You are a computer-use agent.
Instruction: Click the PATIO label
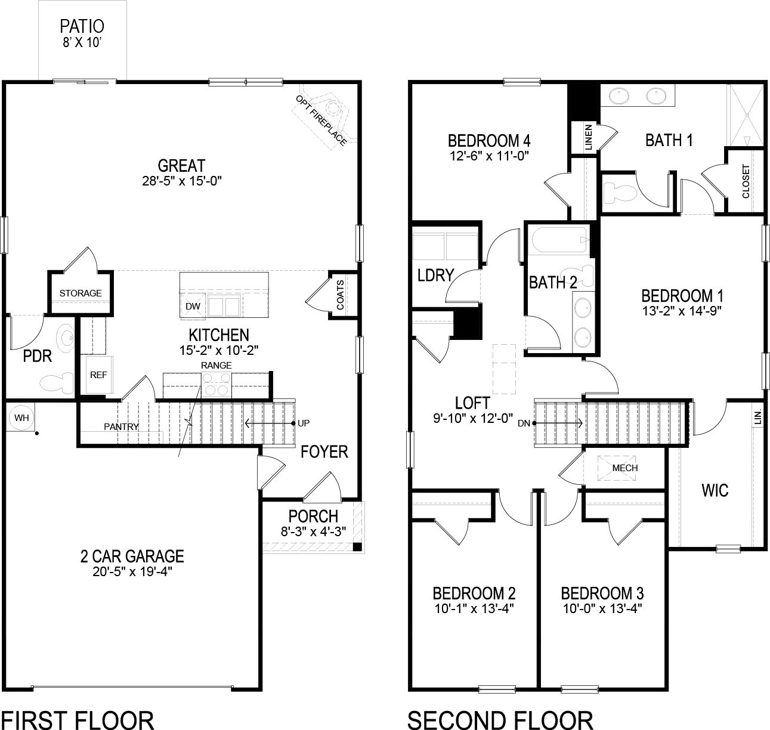[82, 26]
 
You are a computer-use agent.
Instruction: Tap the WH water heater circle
[21, 418]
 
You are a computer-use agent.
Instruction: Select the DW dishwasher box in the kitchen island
[193, 306]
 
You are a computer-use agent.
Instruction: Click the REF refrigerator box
[98, 375]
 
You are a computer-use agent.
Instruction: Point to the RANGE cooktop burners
[216, 383]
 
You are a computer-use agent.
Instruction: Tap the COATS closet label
[340, 295]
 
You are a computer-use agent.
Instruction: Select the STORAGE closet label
[80, 293]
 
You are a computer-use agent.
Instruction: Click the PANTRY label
[121, 426]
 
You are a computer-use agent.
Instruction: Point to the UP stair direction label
[304, 423]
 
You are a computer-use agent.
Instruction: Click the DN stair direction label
[524, 423]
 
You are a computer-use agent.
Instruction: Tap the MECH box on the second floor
[624, 468]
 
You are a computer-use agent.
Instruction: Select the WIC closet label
[715, 490]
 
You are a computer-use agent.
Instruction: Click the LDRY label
[435, 275]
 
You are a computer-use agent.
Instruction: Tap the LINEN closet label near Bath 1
[589, 138]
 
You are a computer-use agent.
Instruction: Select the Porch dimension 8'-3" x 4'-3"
[313, 531]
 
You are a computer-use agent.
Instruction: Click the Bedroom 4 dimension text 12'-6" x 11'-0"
[489, 156]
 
